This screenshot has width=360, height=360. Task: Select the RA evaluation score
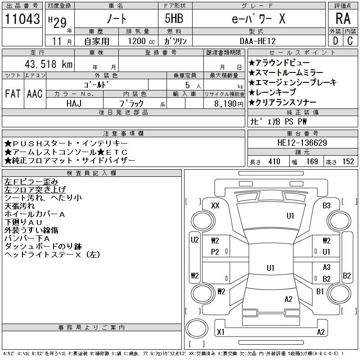point(342,19)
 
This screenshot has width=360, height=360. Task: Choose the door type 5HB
point(171,19)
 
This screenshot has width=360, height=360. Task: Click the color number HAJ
point(74,103)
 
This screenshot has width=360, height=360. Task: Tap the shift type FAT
point(13,94)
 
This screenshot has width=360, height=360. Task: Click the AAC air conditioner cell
point(35,94)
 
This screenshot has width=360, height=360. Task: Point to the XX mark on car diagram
point(215,206)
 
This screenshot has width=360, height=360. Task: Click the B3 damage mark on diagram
point(327,206)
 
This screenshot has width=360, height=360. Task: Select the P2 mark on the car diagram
point(215,252)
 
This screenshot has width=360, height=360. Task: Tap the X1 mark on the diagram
point(220,332)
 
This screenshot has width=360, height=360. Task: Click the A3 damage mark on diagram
point(327,267)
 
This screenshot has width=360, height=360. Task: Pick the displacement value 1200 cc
point(137,41)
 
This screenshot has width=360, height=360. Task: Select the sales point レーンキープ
point(275,92)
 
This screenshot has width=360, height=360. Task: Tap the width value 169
point(312,162)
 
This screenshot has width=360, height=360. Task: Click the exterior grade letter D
point(335,41)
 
